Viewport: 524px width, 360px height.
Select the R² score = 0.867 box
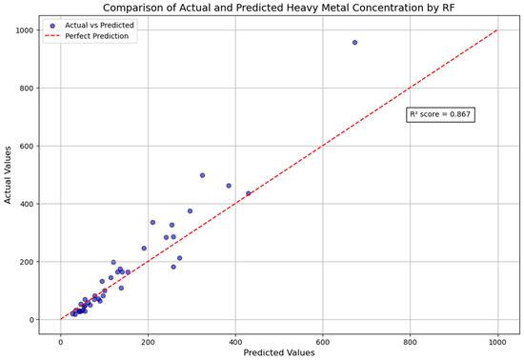click(x=439, y=114)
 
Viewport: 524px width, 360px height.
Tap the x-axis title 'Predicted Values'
click(x=278, y=352)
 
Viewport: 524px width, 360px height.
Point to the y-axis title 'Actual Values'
click(x=9, y=174)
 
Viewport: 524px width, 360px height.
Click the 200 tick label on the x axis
click(x=148, y=338)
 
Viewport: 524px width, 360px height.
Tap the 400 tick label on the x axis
click(x=235, y=338)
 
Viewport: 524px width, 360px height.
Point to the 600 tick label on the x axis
click(x=323, y=338)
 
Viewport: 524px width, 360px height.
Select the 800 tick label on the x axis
click(x=411, y=338)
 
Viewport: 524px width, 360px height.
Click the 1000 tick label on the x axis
click(x=497, y=338)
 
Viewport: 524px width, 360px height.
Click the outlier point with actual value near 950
click(x=354, y=42)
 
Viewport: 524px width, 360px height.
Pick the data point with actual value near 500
click(x=202, y=175)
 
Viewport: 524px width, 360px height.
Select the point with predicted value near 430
click(x=249, y=193)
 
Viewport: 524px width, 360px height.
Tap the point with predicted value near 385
click(x=229, y=186)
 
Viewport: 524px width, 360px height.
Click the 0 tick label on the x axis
click(x=60, y=338)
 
